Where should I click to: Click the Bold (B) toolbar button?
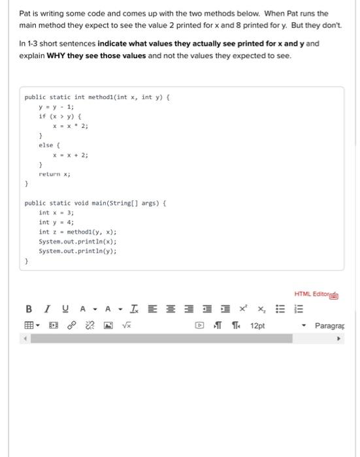coord(28,309)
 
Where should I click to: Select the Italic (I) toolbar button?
coord(46,309)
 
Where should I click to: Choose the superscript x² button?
coord(243,309)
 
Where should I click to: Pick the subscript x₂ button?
coord(261,309)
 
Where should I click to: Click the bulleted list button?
coord(279,309)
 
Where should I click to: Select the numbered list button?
coord(297,309)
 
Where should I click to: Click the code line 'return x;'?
coord(55,174)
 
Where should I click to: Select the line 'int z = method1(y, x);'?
coord(78,232)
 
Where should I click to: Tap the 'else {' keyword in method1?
coord(50,146)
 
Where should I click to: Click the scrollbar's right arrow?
coord(339,339)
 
